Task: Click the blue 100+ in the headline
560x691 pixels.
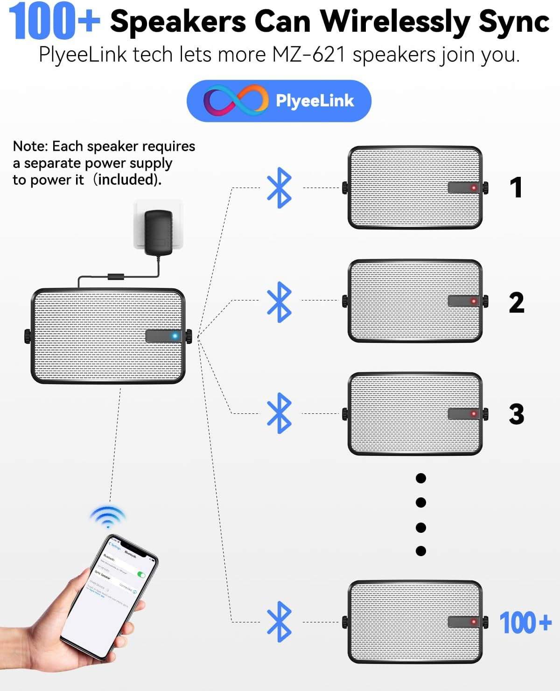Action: [x=54, y=21]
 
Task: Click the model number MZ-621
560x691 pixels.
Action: [x=309, y=55]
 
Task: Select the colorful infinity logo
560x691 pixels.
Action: [x=236, y=101]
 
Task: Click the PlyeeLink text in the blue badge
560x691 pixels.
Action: [x=315, y=101]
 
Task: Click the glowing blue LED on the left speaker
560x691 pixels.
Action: [x=175, y=336]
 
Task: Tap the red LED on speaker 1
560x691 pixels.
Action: [x=474, y=188]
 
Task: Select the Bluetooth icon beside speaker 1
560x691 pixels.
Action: [x=279, y=188]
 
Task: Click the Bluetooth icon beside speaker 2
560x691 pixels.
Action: [x=279, y=302]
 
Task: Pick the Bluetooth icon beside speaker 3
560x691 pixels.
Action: [x=279, y=413]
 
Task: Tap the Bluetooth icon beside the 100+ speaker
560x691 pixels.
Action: [x=279, y=621]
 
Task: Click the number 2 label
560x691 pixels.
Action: [x=517, y=303]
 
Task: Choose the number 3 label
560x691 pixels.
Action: [x=517, y=414]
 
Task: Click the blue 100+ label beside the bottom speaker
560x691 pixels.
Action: [x=525, y=622]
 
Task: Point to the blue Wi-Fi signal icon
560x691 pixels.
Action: [x=108, y=517]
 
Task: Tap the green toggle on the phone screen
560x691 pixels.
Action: [x=141, y=575]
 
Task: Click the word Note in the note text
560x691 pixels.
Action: [x=30, y=147]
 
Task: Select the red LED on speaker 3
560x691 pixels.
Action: [x=474, y=413]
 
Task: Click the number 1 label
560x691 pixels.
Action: [x=516, y=188]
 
